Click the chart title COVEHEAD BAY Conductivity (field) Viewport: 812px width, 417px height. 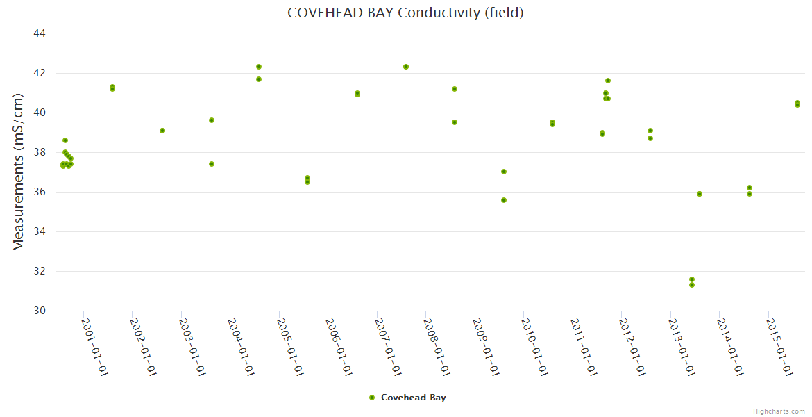coord(405,13)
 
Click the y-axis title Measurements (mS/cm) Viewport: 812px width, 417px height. coord(19,171)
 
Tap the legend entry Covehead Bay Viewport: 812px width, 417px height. coord(413,398)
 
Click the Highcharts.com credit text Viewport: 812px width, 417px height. coord(779,411)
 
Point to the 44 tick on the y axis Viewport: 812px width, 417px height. coord(40,33)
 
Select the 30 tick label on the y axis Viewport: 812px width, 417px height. coord(40,311)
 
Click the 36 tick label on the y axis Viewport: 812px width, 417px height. coord(40,192)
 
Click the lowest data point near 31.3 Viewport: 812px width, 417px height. coord(692,285)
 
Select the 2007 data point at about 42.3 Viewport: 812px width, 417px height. coord(406,67)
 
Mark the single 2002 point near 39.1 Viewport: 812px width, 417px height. coord(162,131)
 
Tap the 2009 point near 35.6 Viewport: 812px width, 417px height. coord(504,200)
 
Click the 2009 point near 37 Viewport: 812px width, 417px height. coord(504,172)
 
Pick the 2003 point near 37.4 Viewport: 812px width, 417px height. coord(212,164)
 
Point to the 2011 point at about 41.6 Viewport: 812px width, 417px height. coord(608,81)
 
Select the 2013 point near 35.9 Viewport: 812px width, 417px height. coord(700,194)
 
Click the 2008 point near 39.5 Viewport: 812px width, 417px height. coord(455,122)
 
